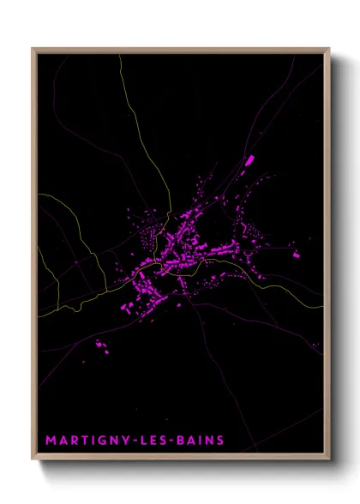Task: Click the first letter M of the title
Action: (51, 441)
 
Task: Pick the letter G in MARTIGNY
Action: (101, 441)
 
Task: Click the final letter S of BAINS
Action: (220, 441)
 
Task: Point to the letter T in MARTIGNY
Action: (84, 441)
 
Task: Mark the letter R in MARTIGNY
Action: (74, 441)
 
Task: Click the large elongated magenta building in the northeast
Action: (250, 159)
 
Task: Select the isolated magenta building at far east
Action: (296, 254)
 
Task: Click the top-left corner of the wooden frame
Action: (33, 49)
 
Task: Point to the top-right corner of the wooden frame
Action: (329, 49)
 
